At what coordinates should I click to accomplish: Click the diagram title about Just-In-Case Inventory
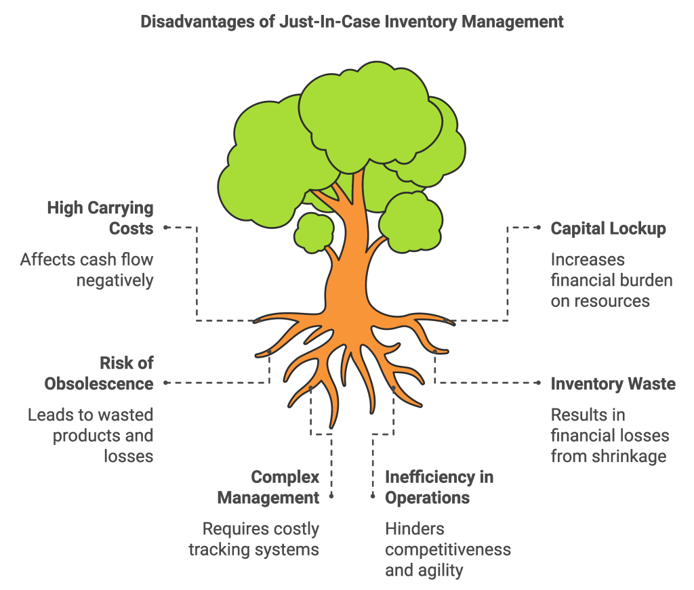tap(352, 22)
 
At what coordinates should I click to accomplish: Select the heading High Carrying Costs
tap(100, 218)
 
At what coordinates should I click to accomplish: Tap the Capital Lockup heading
tap(608, 228)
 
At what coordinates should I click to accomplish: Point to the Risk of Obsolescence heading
tap(99, 373)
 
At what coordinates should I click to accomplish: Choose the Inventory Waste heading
tap(613, 384)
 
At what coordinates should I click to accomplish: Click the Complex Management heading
tap(268, 487)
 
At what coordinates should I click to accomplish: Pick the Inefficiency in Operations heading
tap(439, 487)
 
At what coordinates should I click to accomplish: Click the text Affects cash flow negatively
tap(87, 270)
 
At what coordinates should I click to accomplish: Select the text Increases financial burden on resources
tap(611, 280)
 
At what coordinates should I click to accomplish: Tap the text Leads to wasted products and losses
tap(91, 435)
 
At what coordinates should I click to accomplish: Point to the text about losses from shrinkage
tap(609, 435)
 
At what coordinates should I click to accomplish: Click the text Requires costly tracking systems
tap(253, 539)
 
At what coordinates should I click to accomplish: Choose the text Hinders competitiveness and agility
tap(447, 549)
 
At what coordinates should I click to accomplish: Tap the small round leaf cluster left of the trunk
tap(315, 232)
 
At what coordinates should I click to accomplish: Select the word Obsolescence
tap(99, 384)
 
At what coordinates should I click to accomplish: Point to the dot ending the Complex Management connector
tap(331, 496)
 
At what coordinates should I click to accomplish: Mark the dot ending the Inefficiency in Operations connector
tap(372, 496)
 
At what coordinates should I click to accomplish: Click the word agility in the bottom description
tap(439, 570)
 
